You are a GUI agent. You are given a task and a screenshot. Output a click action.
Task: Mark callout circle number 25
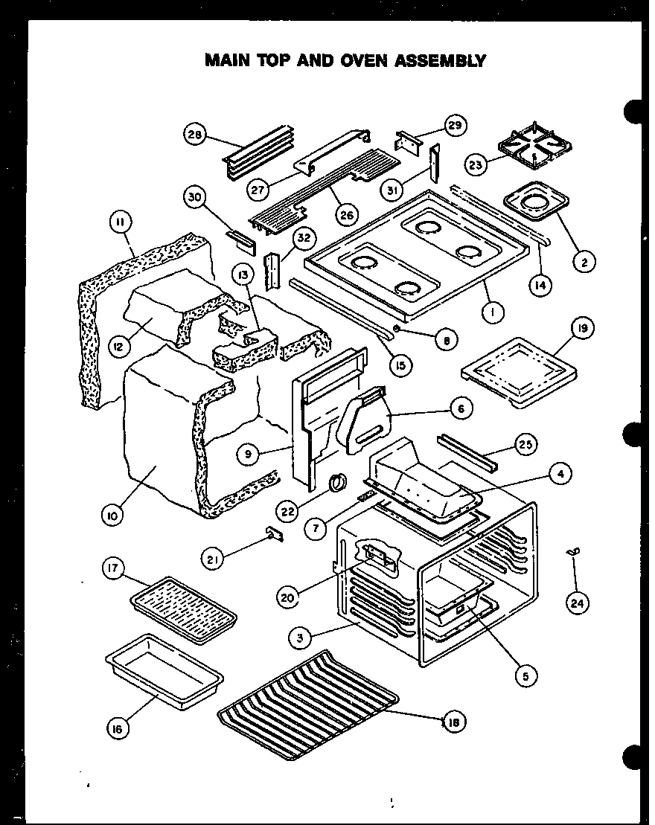pyautogui.click(x=525, y=446)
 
